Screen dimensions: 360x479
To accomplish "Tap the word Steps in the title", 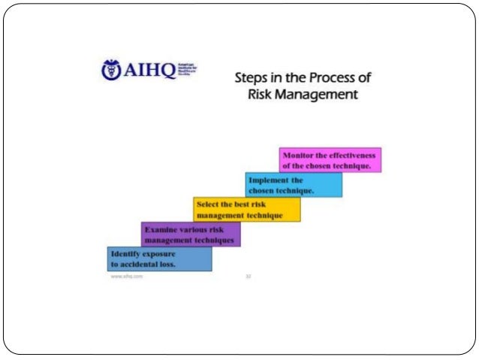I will click(x=252, y=78).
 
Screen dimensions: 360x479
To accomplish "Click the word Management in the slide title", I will click(x=317, y=95).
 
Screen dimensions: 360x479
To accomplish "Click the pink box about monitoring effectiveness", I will click(x=330, y=160).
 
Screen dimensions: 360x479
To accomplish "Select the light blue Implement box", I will click(x=294, y=185).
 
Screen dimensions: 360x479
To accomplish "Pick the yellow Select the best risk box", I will click(x=247, y=210).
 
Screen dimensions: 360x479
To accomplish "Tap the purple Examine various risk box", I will click(x=191, y=234).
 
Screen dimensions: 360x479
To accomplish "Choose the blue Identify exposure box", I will click(x=159, y=259).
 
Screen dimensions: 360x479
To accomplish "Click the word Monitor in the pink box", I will click(x=298, y=154).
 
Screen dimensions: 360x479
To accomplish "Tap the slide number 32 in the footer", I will click(x=249, y=277).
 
